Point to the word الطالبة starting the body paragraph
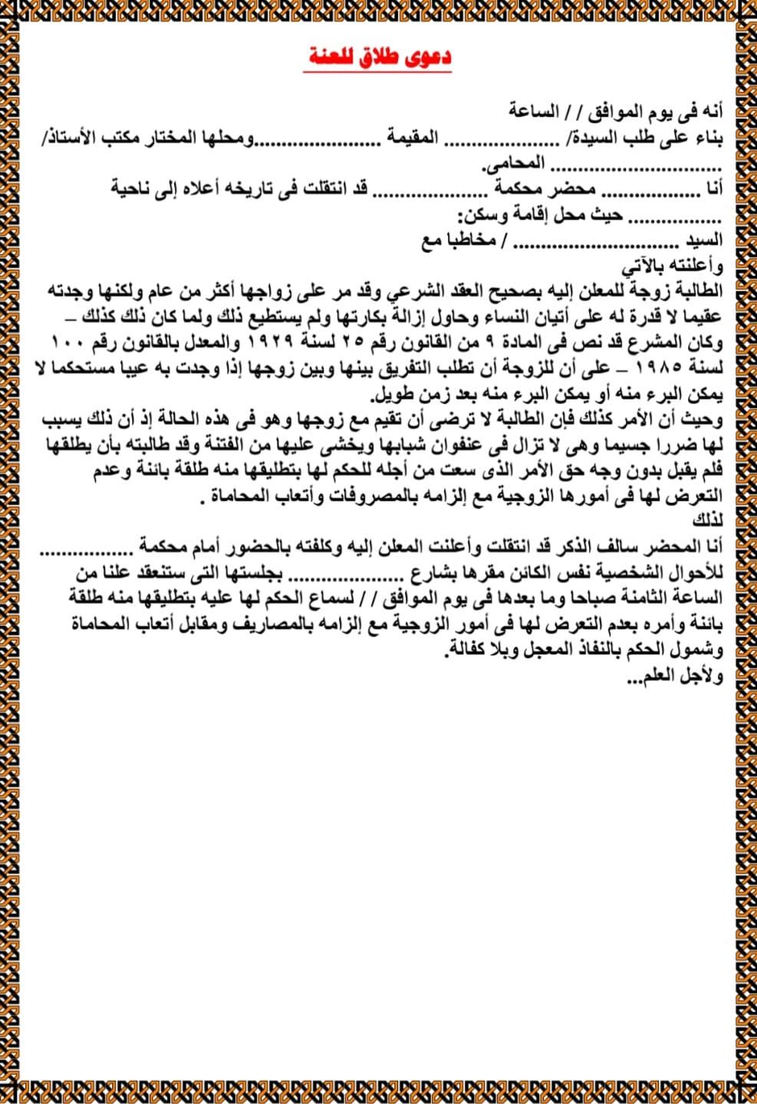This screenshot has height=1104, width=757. [695, 291]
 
